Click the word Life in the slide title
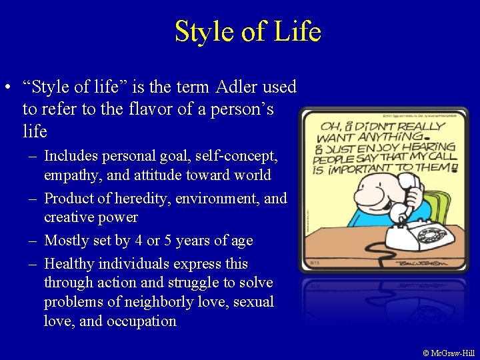(x=297, y=31)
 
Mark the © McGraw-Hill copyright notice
(x=449, y=353)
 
